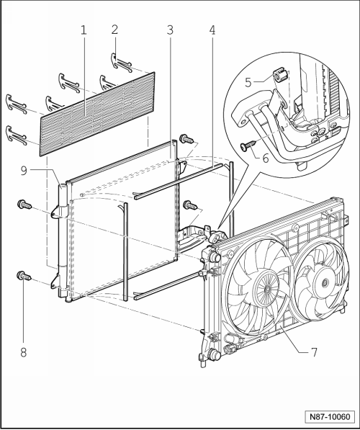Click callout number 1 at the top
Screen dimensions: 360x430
84,30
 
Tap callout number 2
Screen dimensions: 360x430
114,30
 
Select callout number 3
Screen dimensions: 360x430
170,30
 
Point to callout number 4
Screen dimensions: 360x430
212,30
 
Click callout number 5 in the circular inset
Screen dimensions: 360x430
248,82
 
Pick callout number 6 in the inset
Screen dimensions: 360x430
266,158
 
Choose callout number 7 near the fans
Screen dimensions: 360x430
314,352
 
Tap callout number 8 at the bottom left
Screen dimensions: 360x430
24,352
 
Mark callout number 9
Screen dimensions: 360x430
24,171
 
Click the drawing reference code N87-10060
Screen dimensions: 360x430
330,417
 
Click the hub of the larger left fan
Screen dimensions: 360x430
267,289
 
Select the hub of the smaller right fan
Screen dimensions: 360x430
325,282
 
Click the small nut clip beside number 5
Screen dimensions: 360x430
279,75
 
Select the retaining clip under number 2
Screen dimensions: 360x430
122,63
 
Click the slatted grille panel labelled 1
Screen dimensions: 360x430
98,114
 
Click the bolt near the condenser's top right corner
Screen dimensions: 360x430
187,138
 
